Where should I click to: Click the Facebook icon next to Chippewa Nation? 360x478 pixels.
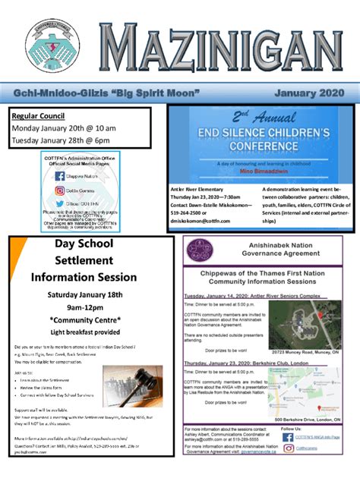coord(60,175)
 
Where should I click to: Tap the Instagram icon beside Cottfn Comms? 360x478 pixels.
coord(60,191)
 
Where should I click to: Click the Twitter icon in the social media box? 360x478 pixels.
coord(60,204)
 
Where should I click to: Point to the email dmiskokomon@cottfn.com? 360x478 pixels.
coord(207,221)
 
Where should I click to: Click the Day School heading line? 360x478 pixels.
coord(84,244)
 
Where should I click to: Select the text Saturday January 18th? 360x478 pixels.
coord(84,294)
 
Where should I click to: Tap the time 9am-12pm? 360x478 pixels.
coord(84,307)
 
